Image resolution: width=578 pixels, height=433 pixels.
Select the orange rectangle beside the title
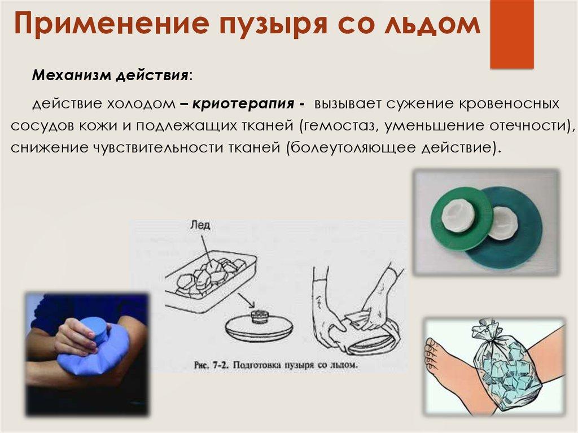[x=511, y=34]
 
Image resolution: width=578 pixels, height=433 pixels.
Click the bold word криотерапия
[x=243, y=104]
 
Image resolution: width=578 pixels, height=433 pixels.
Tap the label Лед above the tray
[x=200, y=225]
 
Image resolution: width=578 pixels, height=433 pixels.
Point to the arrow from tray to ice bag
[x=246, y=299]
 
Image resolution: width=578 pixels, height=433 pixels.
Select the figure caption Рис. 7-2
[x=275, y=365]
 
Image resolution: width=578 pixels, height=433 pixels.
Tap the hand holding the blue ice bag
[x=77, y=336]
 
